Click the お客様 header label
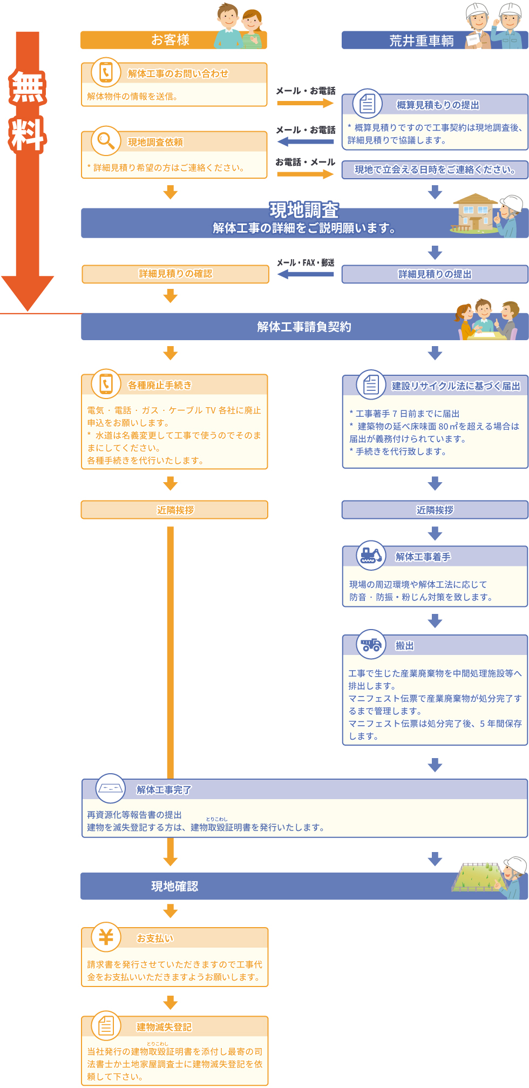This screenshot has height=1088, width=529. pos(170,40)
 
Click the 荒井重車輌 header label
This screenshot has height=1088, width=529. pos(422,41)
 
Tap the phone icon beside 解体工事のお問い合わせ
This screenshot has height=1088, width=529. pos(106,72)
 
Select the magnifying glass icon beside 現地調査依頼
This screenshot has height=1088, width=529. pos(106,140)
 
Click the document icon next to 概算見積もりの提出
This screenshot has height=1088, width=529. pos(368,103)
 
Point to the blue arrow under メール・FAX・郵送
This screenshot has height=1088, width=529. pos(306,274)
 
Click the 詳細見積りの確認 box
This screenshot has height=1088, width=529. pos(175,274)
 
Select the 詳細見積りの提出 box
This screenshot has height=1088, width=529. pos(435,274)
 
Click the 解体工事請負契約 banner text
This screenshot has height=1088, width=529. pos(304,327)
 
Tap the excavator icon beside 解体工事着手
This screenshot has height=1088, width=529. pos(371,555)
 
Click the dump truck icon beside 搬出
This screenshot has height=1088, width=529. pos(371,644)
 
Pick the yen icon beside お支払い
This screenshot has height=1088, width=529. pos(106,937)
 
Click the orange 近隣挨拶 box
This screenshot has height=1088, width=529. pos(175,510)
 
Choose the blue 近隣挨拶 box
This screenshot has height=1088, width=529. pos(435,510)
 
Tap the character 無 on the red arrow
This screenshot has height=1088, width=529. pos(28,87)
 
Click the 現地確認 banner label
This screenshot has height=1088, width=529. pos(174,886)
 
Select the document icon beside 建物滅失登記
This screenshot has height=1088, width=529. pos(106,1025)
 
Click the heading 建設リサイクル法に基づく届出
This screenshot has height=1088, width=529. pos(456,386)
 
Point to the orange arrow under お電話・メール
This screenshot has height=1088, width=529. pos(306,174)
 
